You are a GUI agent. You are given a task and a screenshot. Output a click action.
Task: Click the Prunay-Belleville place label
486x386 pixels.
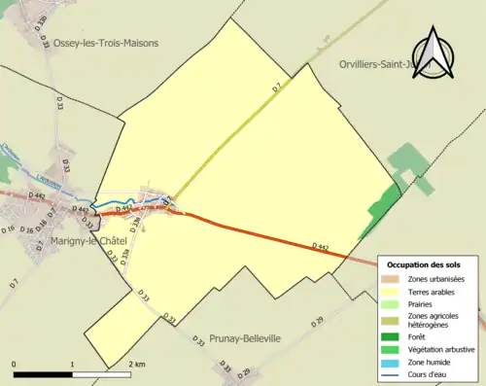245,338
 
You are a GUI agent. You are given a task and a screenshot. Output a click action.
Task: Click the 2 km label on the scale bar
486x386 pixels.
137,364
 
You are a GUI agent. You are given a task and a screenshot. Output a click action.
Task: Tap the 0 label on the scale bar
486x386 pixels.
15,364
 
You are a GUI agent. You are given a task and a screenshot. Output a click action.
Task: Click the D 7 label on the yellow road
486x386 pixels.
276,88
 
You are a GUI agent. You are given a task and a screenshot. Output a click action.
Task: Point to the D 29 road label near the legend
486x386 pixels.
316,322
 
